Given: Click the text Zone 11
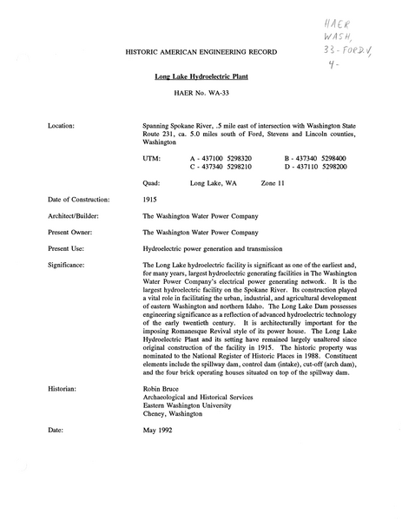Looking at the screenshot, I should [274, 184].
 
